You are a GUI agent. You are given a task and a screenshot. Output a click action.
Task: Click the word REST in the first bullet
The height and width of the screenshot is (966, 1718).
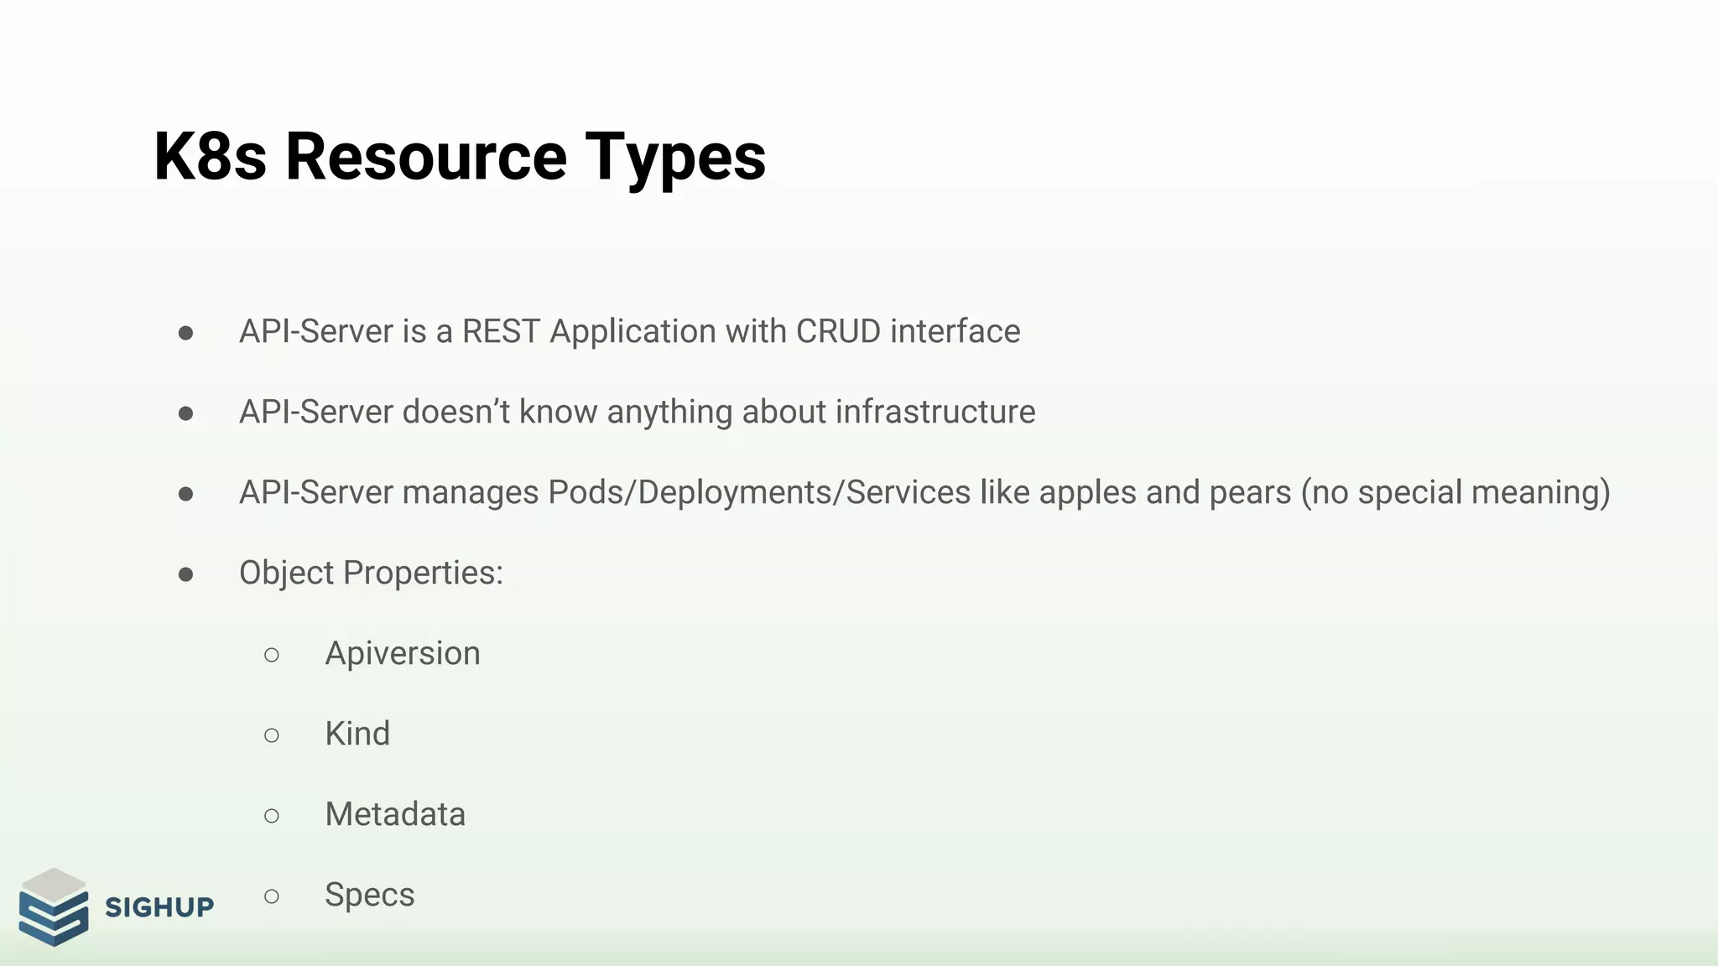(500, 331)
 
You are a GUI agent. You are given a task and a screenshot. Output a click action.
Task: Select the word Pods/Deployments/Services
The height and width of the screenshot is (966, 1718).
(759, 492)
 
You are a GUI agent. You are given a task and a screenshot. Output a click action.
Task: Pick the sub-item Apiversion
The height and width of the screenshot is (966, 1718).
(403, 653)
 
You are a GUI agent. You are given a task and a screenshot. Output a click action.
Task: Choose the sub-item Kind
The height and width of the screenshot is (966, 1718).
(357, 734)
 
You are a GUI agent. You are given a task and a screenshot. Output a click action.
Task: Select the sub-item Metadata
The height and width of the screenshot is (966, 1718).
(395, 814)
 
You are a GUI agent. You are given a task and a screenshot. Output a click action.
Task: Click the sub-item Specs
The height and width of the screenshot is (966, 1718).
(370, 896)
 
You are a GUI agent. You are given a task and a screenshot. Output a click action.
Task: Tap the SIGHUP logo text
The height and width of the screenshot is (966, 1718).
(159, 907)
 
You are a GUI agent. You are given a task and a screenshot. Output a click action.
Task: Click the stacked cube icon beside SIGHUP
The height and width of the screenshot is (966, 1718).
(54, 907)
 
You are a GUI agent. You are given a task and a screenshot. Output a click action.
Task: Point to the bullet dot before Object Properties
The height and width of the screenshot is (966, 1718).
(186, 574)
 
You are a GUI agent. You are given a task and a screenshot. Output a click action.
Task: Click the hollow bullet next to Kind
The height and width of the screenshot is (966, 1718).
(271, 735)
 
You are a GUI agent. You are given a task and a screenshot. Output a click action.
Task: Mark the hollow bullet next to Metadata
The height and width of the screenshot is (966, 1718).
(271, 816)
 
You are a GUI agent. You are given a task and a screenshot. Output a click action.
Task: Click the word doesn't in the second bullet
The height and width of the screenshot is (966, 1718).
(456, 412)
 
